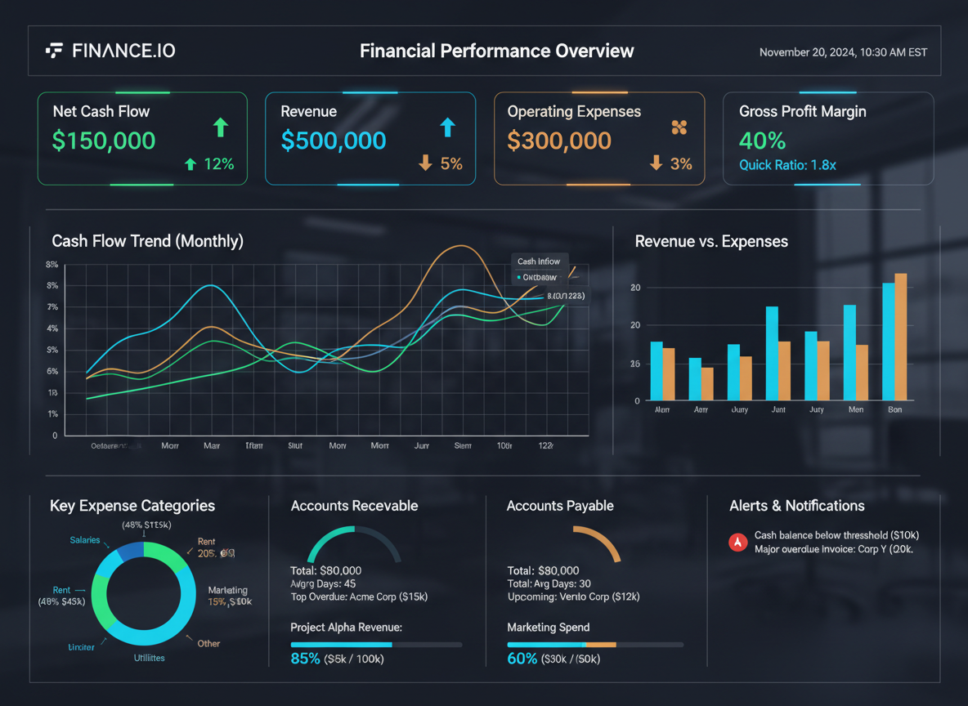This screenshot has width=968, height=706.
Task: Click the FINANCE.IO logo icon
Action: pos(54,51)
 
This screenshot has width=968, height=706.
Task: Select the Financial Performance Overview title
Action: pos(496,51)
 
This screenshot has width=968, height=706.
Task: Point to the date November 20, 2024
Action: pos(807,52)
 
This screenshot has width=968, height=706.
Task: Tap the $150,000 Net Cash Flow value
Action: pos(104,141)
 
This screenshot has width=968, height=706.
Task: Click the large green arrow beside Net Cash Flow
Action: pos(220,127)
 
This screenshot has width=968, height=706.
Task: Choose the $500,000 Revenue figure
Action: pos(333,141)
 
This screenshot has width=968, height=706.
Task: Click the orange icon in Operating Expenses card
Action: pos(679,127)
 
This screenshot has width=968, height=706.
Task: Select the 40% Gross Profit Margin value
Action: pos(762,141)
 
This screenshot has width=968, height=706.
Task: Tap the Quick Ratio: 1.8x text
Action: pos(787,165)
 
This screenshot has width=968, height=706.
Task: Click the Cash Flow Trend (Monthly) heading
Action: pos(147,241)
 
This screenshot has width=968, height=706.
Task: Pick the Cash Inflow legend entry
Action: pos(539,261)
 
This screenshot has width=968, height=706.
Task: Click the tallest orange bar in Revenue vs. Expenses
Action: pos(900,337)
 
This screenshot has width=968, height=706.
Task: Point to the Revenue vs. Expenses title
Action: pos(711,241)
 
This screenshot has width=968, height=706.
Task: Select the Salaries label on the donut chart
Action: pos(85,540)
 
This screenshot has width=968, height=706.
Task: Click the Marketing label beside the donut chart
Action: pos(227,590)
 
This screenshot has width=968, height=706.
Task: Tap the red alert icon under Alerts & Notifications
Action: pos(737,542)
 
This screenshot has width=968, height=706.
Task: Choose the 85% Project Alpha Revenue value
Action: pos(305,658)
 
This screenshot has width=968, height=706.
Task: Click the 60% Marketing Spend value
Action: pos(522,658)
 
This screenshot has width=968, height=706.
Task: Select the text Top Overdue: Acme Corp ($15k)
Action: pos(359,597)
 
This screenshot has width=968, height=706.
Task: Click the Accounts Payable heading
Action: pos(560,506)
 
